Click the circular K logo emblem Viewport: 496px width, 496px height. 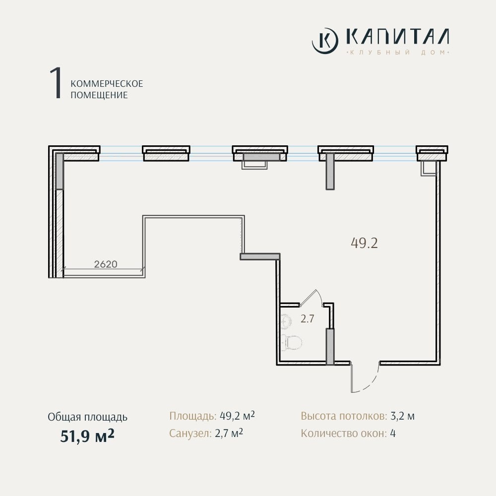click(x=325, y=41)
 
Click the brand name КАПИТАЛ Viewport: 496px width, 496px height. click(x=397, y=37)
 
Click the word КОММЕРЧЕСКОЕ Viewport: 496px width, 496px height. click(x=107, y=84)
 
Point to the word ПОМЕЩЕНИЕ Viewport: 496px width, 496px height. click(x=99, y=95)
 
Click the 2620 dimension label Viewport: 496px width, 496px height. click(x=106, y=264)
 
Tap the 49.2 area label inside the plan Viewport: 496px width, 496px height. click(x=364, y=243)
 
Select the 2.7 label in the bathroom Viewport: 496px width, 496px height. click(x=307, y=318)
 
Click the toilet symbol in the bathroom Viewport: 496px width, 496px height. click(x=291, y=342)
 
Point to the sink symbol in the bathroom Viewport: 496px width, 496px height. click(x=286, y=320)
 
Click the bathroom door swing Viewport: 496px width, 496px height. click(x=311, y=298)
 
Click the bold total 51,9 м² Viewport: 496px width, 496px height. click(x=87, y=436)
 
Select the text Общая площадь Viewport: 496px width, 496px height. click(x=88, y=417)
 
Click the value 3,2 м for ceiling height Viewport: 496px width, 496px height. click(x=403, y=416)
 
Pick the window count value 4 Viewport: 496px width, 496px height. click(x=393, y=433)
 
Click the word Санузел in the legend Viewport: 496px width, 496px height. click(x=190, y=433)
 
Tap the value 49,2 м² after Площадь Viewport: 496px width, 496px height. click(x=237, y=415)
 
